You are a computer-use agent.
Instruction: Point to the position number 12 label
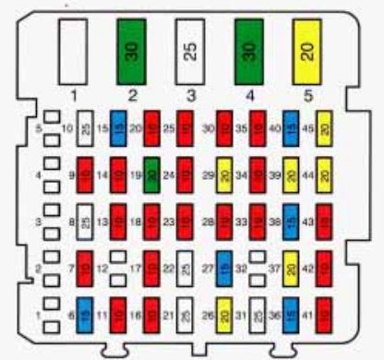click(x=102, y=269)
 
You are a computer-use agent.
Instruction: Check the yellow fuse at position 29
click(x=223, y=174)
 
